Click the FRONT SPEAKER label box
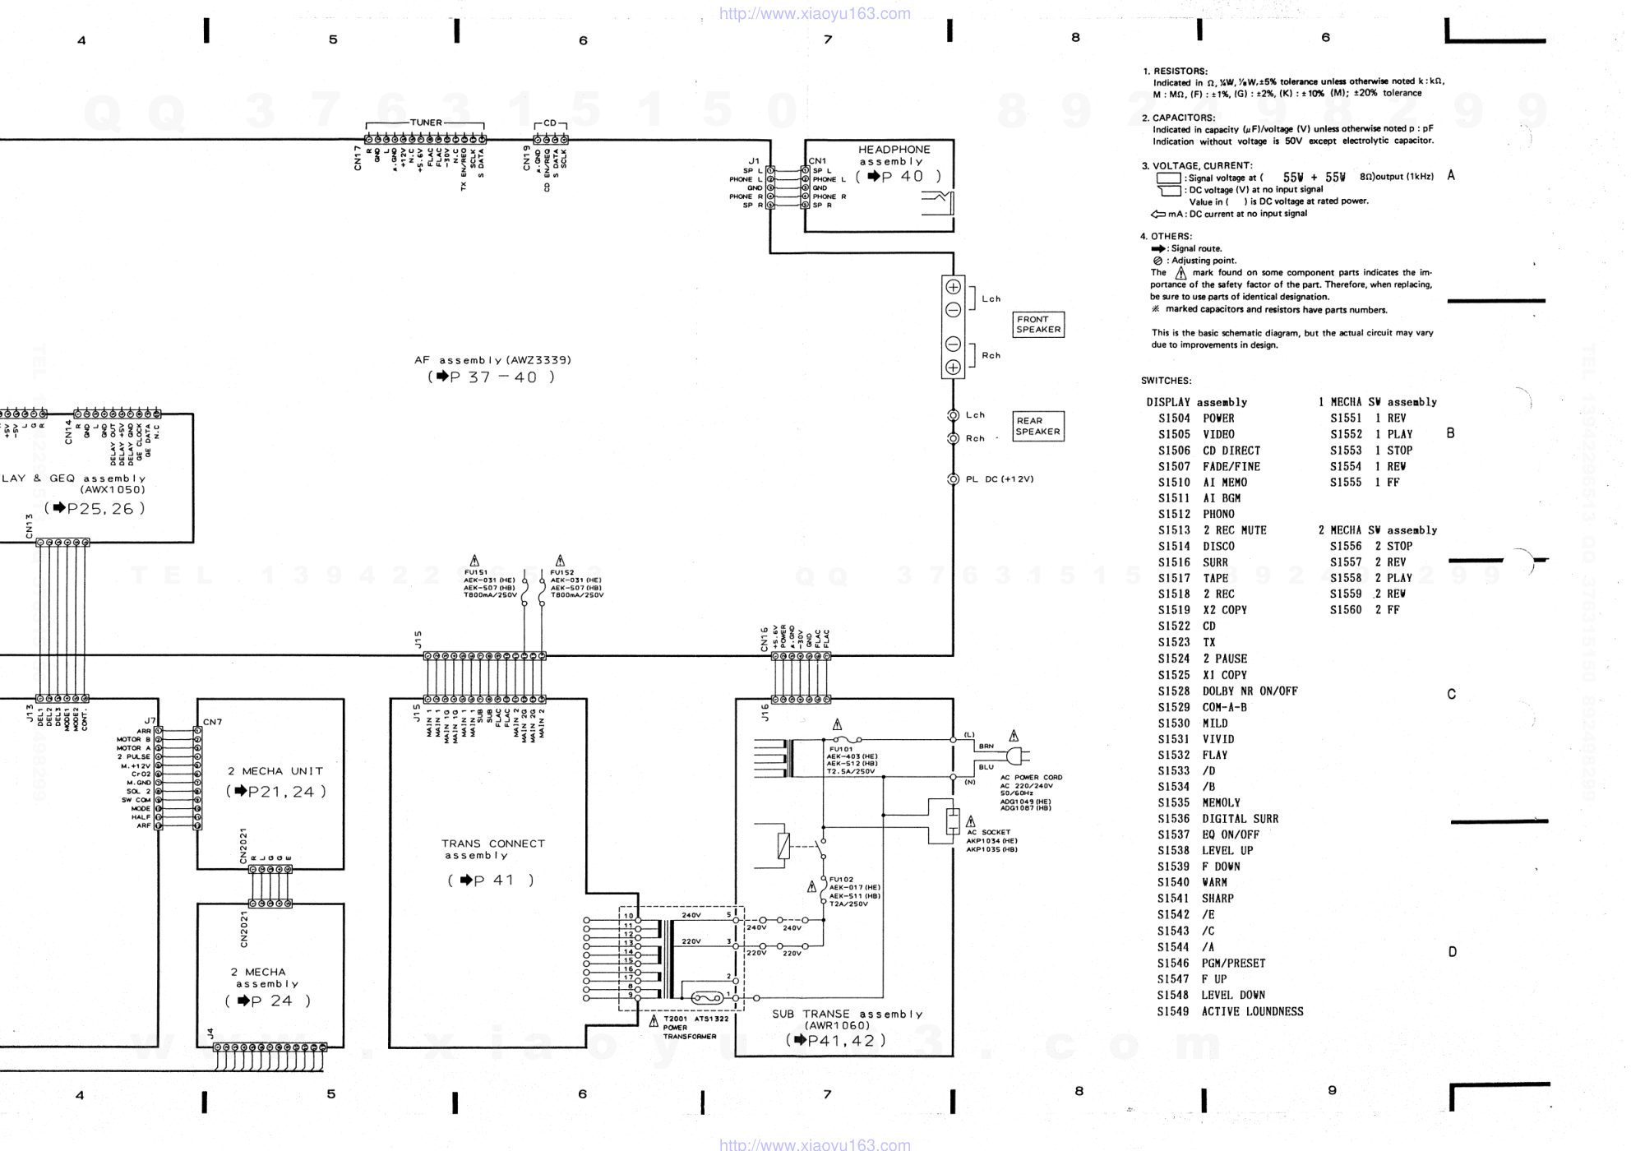tap(1038, 324)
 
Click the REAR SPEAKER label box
tap(1037, 426)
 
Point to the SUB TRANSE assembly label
tap(847, 1015)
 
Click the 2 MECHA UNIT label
tap(275, 771)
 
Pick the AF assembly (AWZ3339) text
tap(492, 360)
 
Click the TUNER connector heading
tap(426, 122)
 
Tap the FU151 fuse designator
tap(476, 572)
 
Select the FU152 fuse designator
tap(562, 572)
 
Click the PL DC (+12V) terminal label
tap(999, 479)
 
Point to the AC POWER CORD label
tap(1031, 777)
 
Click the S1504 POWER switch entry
tap(1196, 418)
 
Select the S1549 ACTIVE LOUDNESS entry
tap(1230, 1012)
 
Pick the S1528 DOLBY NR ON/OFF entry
tap(1227, 691)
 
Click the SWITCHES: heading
tap(1166, 381)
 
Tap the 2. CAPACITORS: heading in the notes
tap(1177, 118)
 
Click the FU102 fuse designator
tap(841, 880)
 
